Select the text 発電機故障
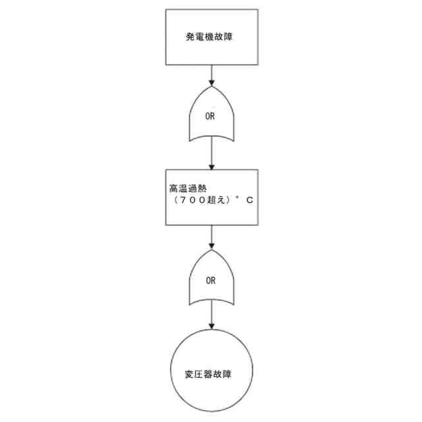[x=210, y=37]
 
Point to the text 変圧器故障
[x=211, y=374]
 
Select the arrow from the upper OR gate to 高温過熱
[x=211, y=154]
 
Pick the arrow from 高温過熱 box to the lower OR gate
[x=211, y=237]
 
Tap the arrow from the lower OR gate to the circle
[x=211, y=318]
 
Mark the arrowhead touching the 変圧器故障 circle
[x=211, y=329]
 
